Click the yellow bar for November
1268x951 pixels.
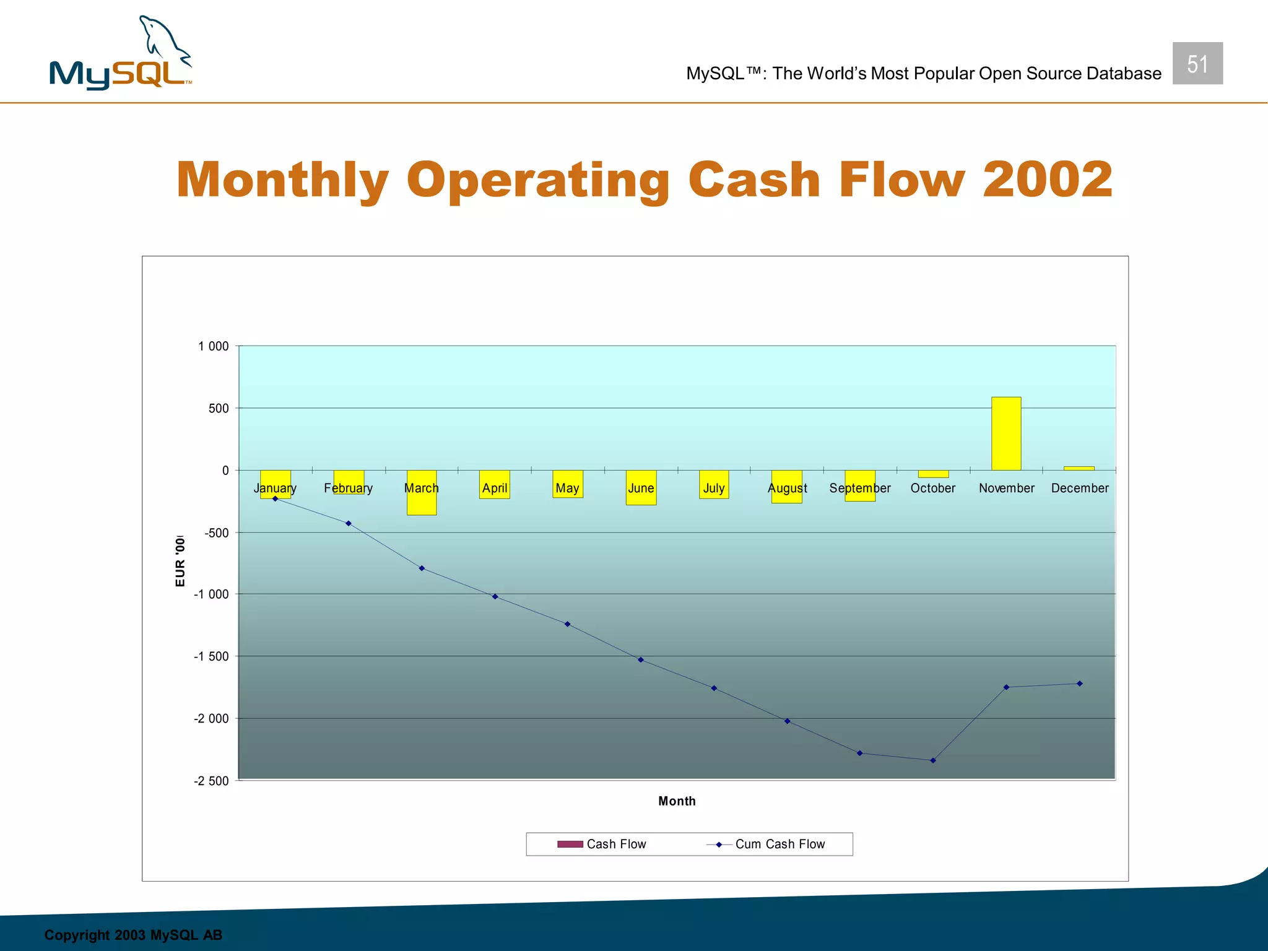click(x=1006, y=433)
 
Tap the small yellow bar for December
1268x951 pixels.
click(x=1079, y=468)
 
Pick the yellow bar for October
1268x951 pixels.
click(x=933, y=474)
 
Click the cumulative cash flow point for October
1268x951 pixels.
click(x=933, y=760)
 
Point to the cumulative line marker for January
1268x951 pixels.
click(x=276, y=498)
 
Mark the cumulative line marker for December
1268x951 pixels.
click(x=1079, y=684)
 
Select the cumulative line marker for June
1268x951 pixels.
click(x=641, y=659)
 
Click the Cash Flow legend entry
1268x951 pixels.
click(x=602, y=844)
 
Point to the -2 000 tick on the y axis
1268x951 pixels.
click(x=211, y=718)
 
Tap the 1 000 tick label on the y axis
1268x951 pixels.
click(x=213, y=346)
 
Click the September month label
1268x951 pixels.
click(x=859, y=488)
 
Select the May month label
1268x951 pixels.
click(x=567, y=488)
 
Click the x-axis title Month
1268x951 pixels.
click(x=677, y=801)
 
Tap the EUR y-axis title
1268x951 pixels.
click(x=180, y=561)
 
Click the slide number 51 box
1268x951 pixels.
click(x=1197, y=64)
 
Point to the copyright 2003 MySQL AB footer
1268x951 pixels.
click(x=133, y=935)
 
